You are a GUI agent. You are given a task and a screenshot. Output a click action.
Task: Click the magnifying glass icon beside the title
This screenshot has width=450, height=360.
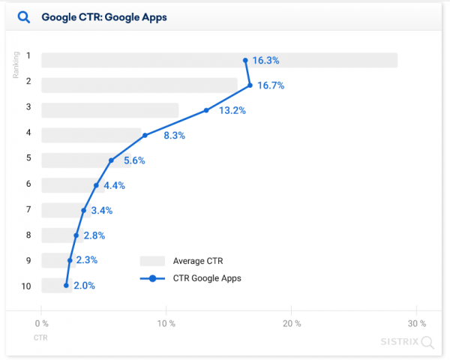pyautogui.click(x=23, y=16)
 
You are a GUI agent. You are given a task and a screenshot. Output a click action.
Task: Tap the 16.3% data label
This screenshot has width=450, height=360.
pyautogui.click(x=268, y=61)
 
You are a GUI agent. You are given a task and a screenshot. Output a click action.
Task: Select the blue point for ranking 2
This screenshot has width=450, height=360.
pyautogui.click(x=250, y=85)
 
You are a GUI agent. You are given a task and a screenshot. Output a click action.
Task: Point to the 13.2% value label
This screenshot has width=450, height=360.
pyautogui.click(x=231, y=110)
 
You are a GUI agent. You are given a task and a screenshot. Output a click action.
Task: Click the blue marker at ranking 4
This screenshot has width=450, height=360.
pyautogui.click(x=145, y=136)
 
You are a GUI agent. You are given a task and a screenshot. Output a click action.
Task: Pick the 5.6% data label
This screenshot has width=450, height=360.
pyautogui.click(x=134, y=160)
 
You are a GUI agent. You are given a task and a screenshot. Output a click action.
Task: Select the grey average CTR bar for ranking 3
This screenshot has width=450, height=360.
pyautogui.click(x=109, y=110)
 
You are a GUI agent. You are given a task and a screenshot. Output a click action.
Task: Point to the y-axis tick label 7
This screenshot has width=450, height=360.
pyautogui.click(x=28, y=211)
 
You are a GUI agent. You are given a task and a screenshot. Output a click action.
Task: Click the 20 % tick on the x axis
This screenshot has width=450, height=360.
pyautogui.click(x=292, y=323)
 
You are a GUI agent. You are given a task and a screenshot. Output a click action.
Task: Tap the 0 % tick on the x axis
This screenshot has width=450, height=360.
pyautogui.click(x=42, y=323)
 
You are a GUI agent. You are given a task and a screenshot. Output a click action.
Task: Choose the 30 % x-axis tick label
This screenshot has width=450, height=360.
pyautogui.click(x=417, y=323)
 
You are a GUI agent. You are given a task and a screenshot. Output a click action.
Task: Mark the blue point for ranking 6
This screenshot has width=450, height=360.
pyautogui.click(x=96, y=185)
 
